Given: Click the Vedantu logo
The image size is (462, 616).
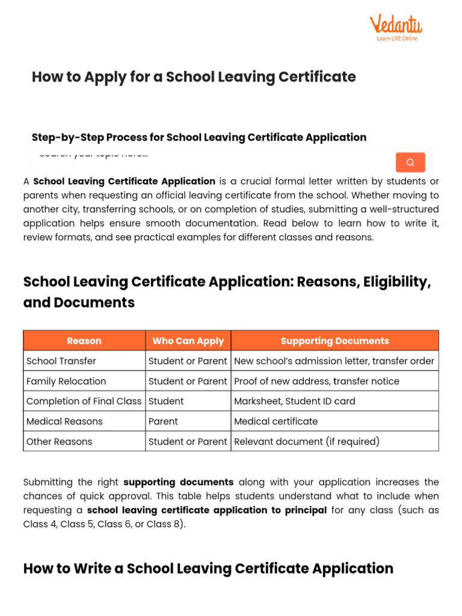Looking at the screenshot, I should [x=395, y=27].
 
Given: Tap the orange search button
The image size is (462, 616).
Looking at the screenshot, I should [x=410, y=162].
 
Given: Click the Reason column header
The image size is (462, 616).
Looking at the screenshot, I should [x=84, y=340].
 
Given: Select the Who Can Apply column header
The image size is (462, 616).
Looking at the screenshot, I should [x=188, y=340].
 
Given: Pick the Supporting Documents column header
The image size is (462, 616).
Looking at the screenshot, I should [x=334, y=340].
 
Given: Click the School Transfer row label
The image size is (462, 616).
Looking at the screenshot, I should [x=61, y=361].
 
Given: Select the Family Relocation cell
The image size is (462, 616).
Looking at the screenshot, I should [x=66, y=381].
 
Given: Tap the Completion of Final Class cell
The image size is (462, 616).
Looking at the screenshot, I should [x=84, y=401].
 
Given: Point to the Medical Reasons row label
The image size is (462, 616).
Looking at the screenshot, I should [x=64, y=421].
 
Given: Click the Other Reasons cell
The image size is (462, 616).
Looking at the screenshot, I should [x=60, y=442].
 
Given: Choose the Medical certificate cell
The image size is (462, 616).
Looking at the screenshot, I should [x=276, y=421].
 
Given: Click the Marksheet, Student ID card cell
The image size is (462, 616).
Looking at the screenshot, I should [x=294, y=401].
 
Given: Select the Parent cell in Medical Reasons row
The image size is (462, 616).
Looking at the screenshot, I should [x=163, y=421].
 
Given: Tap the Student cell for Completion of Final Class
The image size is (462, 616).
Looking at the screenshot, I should [x=166, y=401].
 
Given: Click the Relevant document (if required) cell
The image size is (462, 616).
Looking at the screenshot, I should [x=306, y=442].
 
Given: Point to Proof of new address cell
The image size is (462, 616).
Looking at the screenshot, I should [x=316, y=381].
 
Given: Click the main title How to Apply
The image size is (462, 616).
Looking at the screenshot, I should [x=194, y=77].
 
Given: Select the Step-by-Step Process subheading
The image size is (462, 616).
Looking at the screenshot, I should [x=199, y=137].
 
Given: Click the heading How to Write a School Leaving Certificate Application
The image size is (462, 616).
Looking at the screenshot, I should [x=208, y=568].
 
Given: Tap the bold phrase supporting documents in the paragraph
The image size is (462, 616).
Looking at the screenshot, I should [x=178, y=482].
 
